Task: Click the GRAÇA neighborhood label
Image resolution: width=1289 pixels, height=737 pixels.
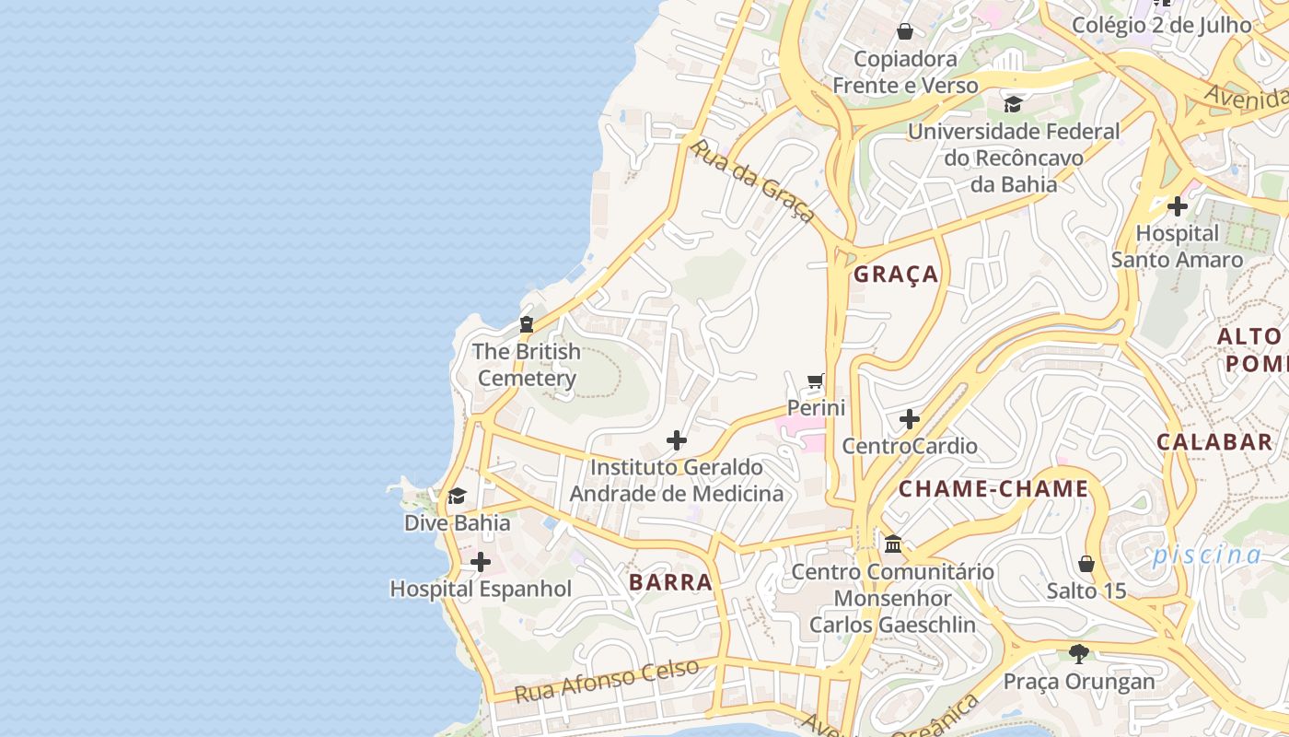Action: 896,275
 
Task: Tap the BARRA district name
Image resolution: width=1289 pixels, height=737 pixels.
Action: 670,582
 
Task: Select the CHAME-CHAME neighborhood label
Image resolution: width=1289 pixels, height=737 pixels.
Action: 993,489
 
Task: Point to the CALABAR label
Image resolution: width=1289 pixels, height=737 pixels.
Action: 1214,442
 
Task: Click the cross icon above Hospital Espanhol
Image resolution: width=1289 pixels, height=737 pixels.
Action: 481,562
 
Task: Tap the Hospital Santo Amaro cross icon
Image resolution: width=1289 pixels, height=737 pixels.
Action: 1177,206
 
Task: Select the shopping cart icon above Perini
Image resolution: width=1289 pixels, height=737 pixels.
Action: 816,380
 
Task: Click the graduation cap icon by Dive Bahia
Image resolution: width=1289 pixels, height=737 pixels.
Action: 457,497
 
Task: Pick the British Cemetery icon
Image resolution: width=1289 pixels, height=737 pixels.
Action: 527,324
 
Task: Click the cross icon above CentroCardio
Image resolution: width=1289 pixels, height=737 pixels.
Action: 910,420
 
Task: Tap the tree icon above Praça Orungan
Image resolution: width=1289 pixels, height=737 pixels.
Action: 1079,654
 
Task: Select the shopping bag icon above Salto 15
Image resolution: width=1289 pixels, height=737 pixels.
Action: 1086,564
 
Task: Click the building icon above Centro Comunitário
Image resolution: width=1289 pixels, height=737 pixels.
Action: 893,544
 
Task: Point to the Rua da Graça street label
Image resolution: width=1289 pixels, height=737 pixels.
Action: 752,181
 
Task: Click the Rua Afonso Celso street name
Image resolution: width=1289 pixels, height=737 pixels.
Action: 607,681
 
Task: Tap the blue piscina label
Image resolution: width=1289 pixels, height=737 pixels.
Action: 1207,556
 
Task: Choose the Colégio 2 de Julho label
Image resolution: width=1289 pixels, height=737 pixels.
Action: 1162,25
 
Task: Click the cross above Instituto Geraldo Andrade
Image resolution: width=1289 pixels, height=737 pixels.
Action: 677,440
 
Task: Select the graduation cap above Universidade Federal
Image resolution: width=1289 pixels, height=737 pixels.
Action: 1013,104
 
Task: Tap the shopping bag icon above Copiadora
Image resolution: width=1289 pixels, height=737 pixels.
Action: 905,32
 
